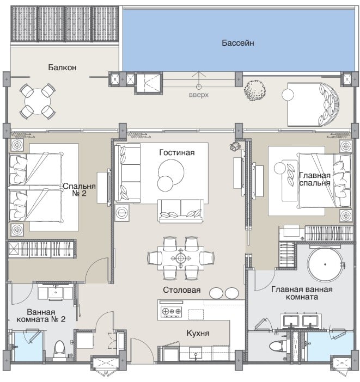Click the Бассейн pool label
[x=238, y=43]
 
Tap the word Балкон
[x=62, y=67]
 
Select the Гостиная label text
[x=177, y=152]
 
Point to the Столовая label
[x=182, y=290]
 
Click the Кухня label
[x=198, y=333]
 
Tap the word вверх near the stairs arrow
[x=199, y=95]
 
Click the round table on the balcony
[x=38, y=101]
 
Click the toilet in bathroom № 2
[x=59, y=348]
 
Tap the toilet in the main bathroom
[x=279, y=346]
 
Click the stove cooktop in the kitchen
[x=171, y=311]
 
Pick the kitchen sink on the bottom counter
[x=196, y=353]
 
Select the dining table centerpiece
[x=180, y=258]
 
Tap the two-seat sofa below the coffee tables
[x=181, y=211]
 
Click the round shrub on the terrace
[x=255, y=90]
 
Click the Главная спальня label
[x=315, y=179]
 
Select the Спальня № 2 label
[x=80, y=190]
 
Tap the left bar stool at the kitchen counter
[x=216, y=293]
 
